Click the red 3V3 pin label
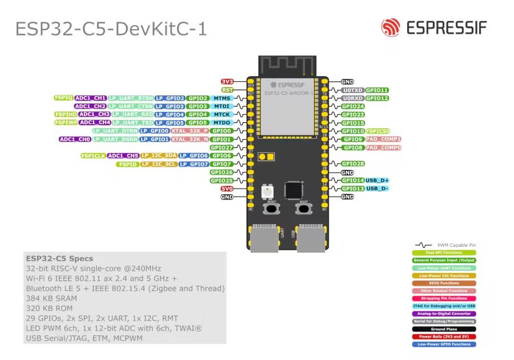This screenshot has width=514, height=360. [227, 82]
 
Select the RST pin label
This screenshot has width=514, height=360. [227, 90]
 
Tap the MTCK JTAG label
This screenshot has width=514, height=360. [222, 114]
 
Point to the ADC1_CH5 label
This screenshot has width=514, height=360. [123, 155]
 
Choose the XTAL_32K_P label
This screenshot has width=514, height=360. [189, 131]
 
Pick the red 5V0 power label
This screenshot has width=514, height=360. [227, 189]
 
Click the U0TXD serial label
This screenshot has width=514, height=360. [352, 90]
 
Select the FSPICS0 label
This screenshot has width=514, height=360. [378, 131]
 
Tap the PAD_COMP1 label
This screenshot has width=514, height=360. [383, 139]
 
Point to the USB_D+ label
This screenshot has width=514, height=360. [377, 181]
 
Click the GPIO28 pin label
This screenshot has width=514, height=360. [352, 164]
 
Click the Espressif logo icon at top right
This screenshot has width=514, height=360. [391, 27]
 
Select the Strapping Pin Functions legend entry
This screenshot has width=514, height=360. [444, 298]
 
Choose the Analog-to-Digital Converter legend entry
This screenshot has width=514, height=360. [444, 314]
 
